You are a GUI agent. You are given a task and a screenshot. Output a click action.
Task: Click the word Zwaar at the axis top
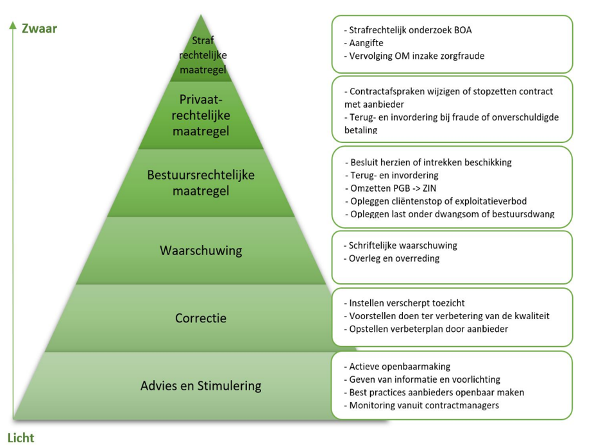[39, 28]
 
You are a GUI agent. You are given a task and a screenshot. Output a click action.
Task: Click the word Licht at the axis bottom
[21, 438]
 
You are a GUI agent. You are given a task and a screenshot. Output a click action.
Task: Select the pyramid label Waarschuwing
[201, 250]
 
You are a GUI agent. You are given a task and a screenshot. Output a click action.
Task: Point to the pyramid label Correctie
[201, 318]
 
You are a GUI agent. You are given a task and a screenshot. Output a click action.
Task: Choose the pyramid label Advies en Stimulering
[201, 386]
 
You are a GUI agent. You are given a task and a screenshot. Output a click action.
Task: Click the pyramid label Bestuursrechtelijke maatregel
[201, 183]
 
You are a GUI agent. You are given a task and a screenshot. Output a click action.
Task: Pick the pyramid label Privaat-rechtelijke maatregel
[201, 115]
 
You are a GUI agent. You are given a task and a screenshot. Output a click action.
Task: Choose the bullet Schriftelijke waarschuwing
[403, 245]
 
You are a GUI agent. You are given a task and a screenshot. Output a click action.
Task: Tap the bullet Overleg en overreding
[394, 258]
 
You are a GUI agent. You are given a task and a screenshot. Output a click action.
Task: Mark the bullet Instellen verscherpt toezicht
[407, 303]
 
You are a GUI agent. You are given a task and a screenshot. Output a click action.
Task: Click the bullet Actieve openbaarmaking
[400, 367]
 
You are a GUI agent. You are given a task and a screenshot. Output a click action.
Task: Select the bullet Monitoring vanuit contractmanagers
[424, 405]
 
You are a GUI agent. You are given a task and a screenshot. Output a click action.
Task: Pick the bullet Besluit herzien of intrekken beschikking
[431, 162]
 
